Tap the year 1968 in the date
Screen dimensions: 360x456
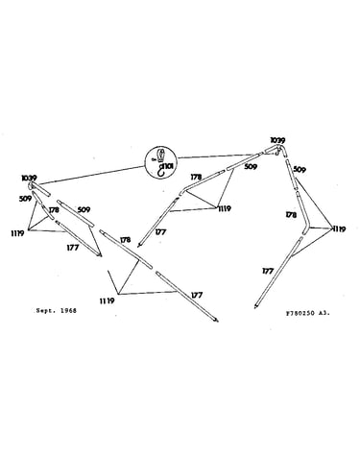[x=68, y=310]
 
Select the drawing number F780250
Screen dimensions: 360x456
[x=300, y=314]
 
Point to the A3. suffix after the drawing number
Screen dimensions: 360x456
[x=324, y=314]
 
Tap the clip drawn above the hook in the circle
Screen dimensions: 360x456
[x=162, y=156]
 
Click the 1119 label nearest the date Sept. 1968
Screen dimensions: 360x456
[x=107, y=300]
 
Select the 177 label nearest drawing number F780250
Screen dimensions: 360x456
[x=268, y=271]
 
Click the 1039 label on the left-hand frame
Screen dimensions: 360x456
[x=29, y=178]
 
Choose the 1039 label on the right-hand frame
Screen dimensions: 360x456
[x=277, y=140]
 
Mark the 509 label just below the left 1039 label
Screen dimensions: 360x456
[x=25, y=199]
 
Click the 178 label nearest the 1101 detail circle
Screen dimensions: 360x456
[x=196, y=177]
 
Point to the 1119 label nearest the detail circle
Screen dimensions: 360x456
[x=225, y=209]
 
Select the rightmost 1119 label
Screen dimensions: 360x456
[x=339, y=229]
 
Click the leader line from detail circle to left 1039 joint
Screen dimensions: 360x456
[x=92, y=176]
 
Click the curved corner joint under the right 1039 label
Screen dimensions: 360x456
[x=279, y=150]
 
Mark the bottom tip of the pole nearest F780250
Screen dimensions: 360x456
[x=255, y=308]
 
